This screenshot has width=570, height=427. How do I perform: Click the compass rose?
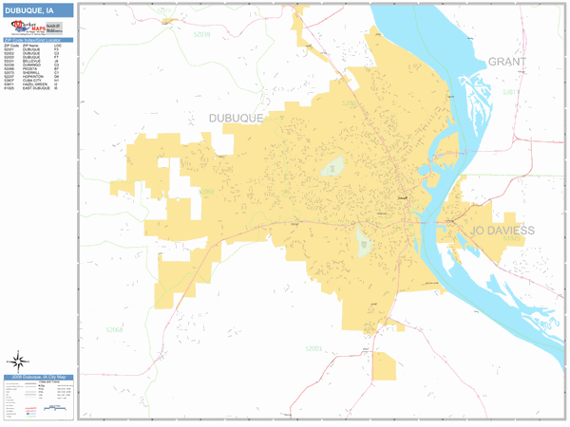click(x=18, y=361)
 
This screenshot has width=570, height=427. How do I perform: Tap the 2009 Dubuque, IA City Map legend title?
click(x=38, y=379)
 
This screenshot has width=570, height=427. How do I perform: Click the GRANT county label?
click(x=506, y=62)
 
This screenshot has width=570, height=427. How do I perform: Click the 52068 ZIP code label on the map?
click(x=115, y=329)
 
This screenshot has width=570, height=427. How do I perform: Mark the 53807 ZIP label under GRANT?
click(x=510, y=92)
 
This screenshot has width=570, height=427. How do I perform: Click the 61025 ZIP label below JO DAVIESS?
click(x=513, y=239)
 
